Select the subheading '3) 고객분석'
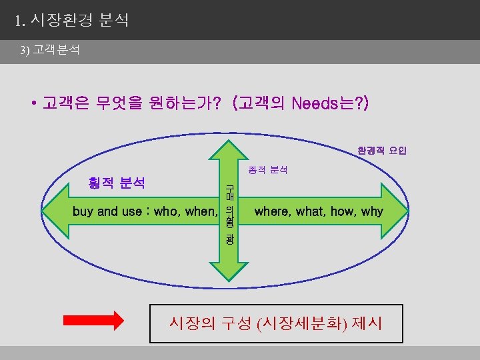[x=50, y=50]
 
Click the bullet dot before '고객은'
[x=33, y=105]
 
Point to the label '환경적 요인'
[x=381, y=150]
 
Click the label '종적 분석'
[x=267, y=170]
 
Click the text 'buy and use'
[x=106, y=212]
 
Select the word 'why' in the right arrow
[x=372, y=212]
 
